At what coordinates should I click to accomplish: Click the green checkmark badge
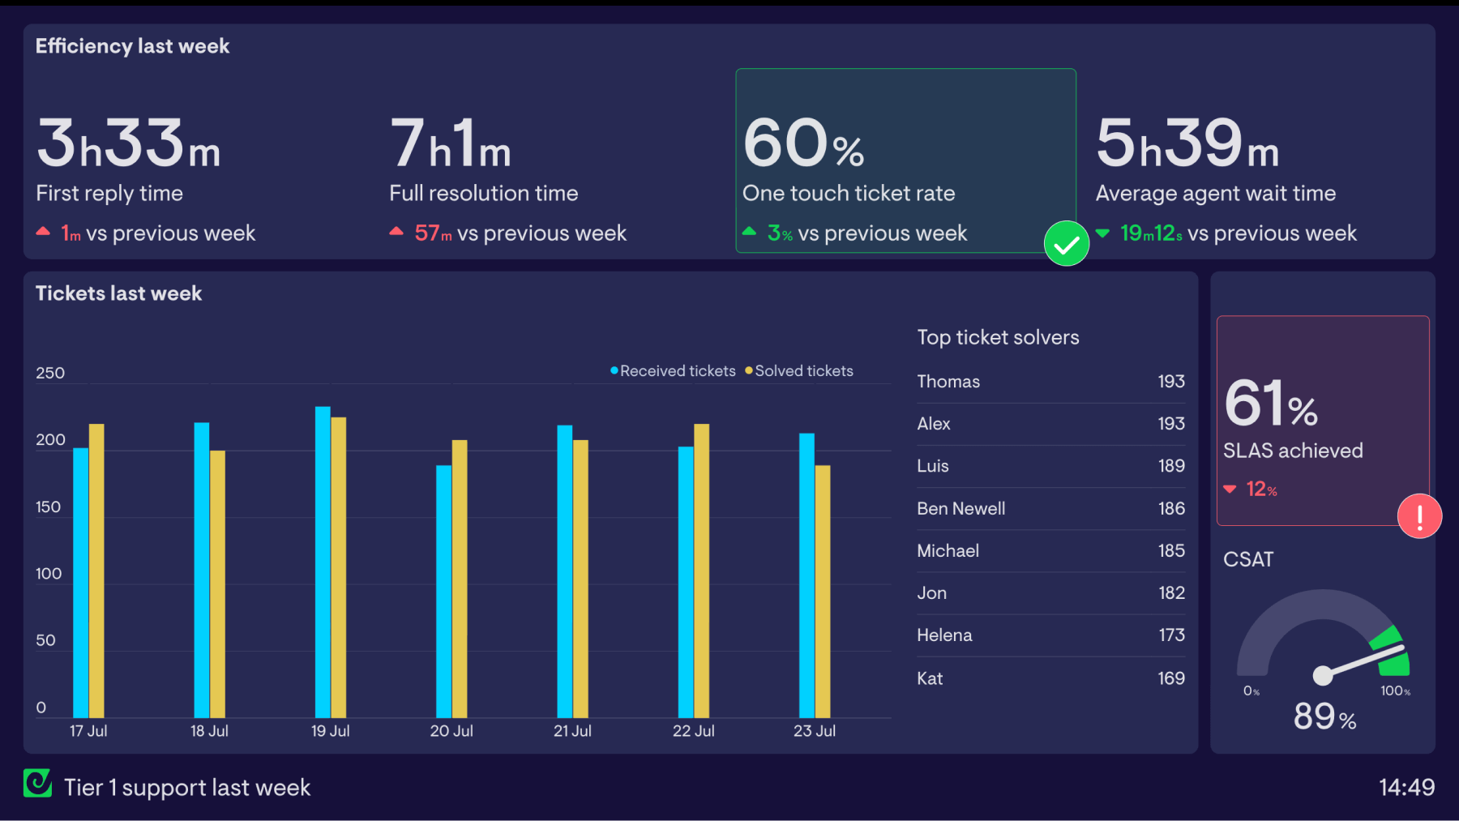click(1066, 243)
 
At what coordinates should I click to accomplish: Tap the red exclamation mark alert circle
click(1419, 516)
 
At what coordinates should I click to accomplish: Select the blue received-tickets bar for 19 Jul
click(323, 562)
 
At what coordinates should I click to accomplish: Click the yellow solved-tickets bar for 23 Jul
click(823, 592)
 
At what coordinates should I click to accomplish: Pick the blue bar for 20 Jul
click(443, 592)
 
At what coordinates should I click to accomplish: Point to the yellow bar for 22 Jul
click(702, 571)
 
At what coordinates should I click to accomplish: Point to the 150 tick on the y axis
click(48, 507)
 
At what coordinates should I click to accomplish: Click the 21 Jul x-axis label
click(572, 731)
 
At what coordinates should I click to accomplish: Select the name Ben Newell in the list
click(961, 509)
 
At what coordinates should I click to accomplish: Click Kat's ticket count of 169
click(1170, 678)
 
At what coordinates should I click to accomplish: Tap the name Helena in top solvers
click(944, 635)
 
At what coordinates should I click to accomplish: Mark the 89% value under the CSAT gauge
click(1324, 716)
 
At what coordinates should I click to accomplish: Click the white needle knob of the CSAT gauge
click(1322, 674)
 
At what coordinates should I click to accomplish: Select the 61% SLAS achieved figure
click(1271, 404)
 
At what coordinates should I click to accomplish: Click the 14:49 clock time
click(1406, 787)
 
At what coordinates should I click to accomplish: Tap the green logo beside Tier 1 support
click(37, 784)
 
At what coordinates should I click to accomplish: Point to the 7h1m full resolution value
click(451, 144)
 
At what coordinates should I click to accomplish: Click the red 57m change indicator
click(432, 233)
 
